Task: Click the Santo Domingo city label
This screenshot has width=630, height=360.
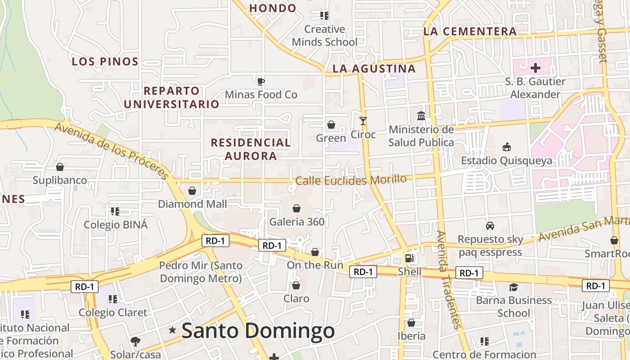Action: click(x=258, y=331)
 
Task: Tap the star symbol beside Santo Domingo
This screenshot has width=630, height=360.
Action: click(x=172, y=330)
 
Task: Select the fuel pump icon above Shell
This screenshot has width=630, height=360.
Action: click(x=409, y=258)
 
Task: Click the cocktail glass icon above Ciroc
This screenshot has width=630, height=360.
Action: click(x=363, y=121)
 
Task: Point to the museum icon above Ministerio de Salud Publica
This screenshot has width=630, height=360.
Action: click(x=421, y=116)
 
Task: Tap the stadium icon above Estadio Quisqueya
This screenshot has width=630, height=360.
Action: click(x=506, y=147)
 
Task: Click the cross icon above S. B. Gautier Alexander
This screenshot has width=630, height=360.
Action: click(x=535, y=68)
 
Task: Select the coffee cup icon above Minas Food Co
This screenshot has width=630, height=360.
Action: click(x=261, y=81)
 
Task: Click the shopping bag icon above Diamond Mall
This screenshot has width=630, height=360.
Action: click(x=192, y=191)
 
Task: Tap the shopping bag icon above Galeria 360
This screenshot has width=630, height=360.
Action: click(x=297, y=208)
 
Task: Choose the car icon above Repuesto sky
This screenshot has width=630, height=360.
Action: click(x=490, y=226)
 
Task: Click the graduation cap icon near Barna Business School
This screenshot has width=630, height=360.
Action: click(x=513, y=287)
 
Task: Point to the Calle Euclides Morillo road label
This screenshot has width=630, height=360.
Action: click(x=351, y=180)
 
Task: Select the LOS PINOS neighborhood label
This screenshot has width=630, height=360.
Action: click(x=105, y=62)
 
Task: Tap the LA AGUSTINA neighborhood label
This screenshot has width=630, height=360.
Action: click(x=374, y=69)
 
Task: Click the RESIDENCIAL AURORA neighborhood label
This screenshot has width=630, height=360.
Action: click(x=251, y=149)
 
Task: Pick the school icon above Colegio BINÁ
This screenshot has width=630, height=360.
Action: click(x=115, y=211)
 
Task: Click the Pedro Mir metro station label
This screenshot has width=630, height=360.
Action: click(x=201, y=272)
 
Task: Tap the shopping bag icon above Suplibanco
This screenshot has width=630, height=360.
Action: click(x=60, y=167)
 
